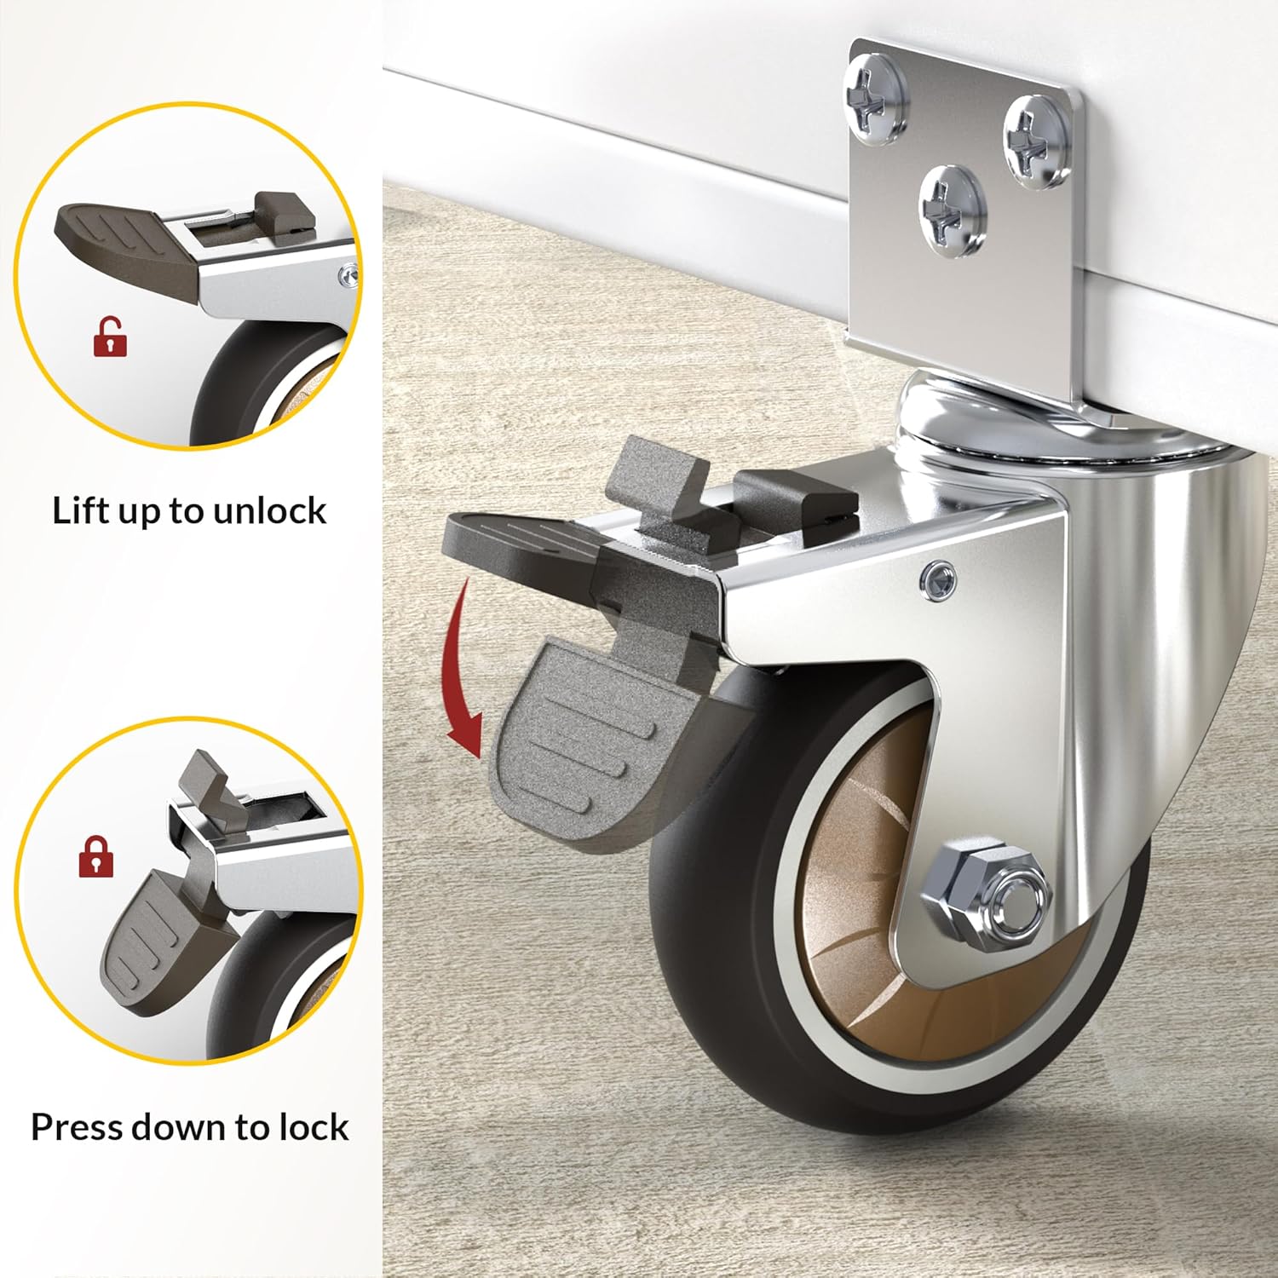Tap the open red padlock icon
click(110, 337)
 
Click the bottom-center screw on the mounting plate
click(952, 207)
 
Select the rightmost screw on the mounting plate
click(1035, 141)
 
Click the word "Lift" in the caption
click(78, 510)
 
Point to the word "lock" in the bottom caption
click(314, 1127)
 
